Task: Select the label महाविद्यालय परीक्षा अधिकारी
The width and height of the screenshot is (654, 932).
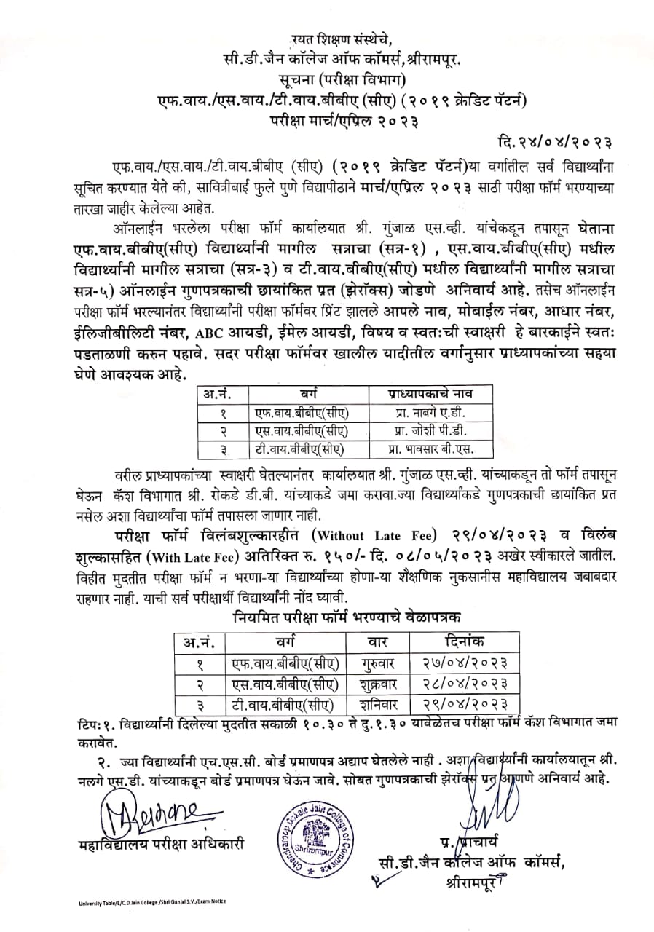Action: [160, 845]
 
